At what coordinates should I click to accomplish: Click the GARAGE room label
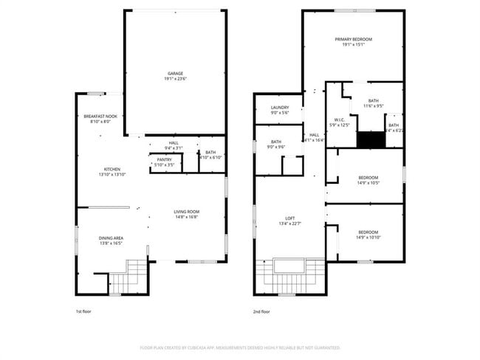click(175, 74)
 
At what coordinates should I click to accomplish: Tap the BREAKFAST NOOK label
click(100, 117)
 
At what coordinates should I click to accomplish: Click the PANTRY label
click(165, 159)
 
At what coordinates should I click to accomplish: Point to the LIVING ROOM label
click(187, 212)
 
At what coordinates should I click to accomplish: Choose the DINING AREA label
click(111, 238)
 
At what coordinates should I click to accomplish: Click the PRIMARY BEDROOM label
click(353, 39)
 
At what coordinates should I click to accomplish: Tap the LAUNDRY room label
click(279, 108)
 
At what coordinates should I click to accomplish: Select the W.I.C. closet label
click(339, 120)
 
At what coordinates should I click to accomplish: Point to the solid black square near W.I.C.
click(367, 139)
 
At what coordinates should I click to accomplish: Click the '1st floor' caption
click(84, 311)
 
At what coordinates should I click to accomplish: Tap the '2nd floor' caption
click(261, 311)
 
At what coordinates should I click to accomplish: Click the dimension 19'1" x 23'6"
click(175, 79)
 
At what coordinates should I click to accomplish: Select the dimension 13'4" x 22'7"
click(290, 224)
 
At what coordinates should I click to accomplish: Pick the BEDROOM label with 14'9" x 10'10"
click(368, 232)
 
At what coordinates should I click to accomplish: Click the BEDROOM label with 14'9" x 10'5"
click(368, 177)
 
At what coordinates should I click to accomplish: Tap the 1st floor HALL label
click(174, 143)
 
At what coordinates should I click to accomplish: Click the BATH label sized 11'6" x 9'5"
click(373, 101)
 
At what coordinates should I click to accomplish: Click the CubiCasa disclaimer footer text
click(239, 347)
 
